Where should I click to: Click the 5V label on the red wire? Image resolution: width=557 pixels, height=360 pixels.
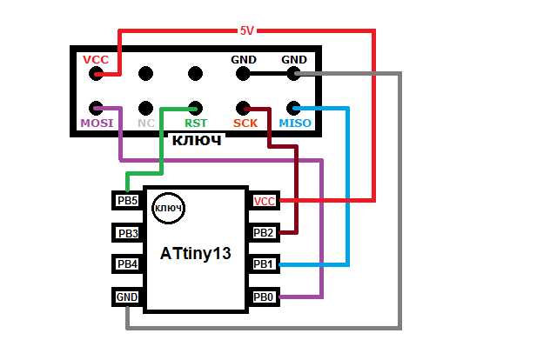click(x=247, y=30)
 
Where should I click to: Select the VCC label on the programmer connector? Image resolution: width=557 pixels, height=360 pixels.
click(x=95, y=59)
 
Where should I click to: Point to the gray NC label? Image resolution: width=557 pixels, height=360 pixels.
click(x=145, y=124)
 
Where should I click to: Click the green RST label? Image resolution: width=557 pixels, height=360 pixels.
click(x=195, y=124)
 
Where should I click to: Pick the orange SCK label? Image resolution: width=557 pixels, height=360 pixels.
click(x=246, y=124)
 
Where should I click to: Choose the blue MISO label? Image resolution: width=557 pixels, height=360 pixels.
click(x=294, y=124)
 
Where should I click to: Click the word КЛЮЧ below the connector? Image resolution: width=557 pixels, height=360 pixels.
click(x=195, y=140)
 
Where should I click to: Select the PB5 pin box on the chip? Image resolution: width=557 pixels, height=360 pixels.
click(x=127, y=200)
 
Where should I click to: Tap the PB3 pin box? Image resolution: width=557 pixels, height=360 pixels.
click(x=127, y=232)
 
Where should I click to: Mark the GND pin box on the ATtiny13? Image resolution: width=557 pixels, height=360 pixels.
click(x=127, y=297)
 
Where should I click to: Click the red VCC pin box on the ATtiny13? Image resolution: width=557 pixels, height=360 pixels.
click(x=264, y=201)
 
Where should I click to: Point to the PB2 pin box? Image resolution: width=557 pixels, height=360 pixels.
click(x=264, y=233)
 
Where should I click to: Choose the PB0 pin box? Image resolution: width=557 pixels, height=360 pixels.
click(x=264, y=297)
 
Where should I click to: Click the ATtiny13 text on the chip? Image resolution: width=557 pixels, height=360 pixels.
click(x=196, y=254)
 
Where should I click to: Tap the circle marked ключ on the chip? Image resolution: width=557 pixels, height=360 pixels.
click(x=167, y=208)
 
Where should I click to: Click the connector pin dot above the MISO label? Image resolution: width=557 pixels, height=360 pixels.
click(x=294, y=109)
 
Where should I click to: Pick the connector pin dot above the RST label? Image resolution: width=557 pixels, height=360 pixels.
click(x=195, y=109)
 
